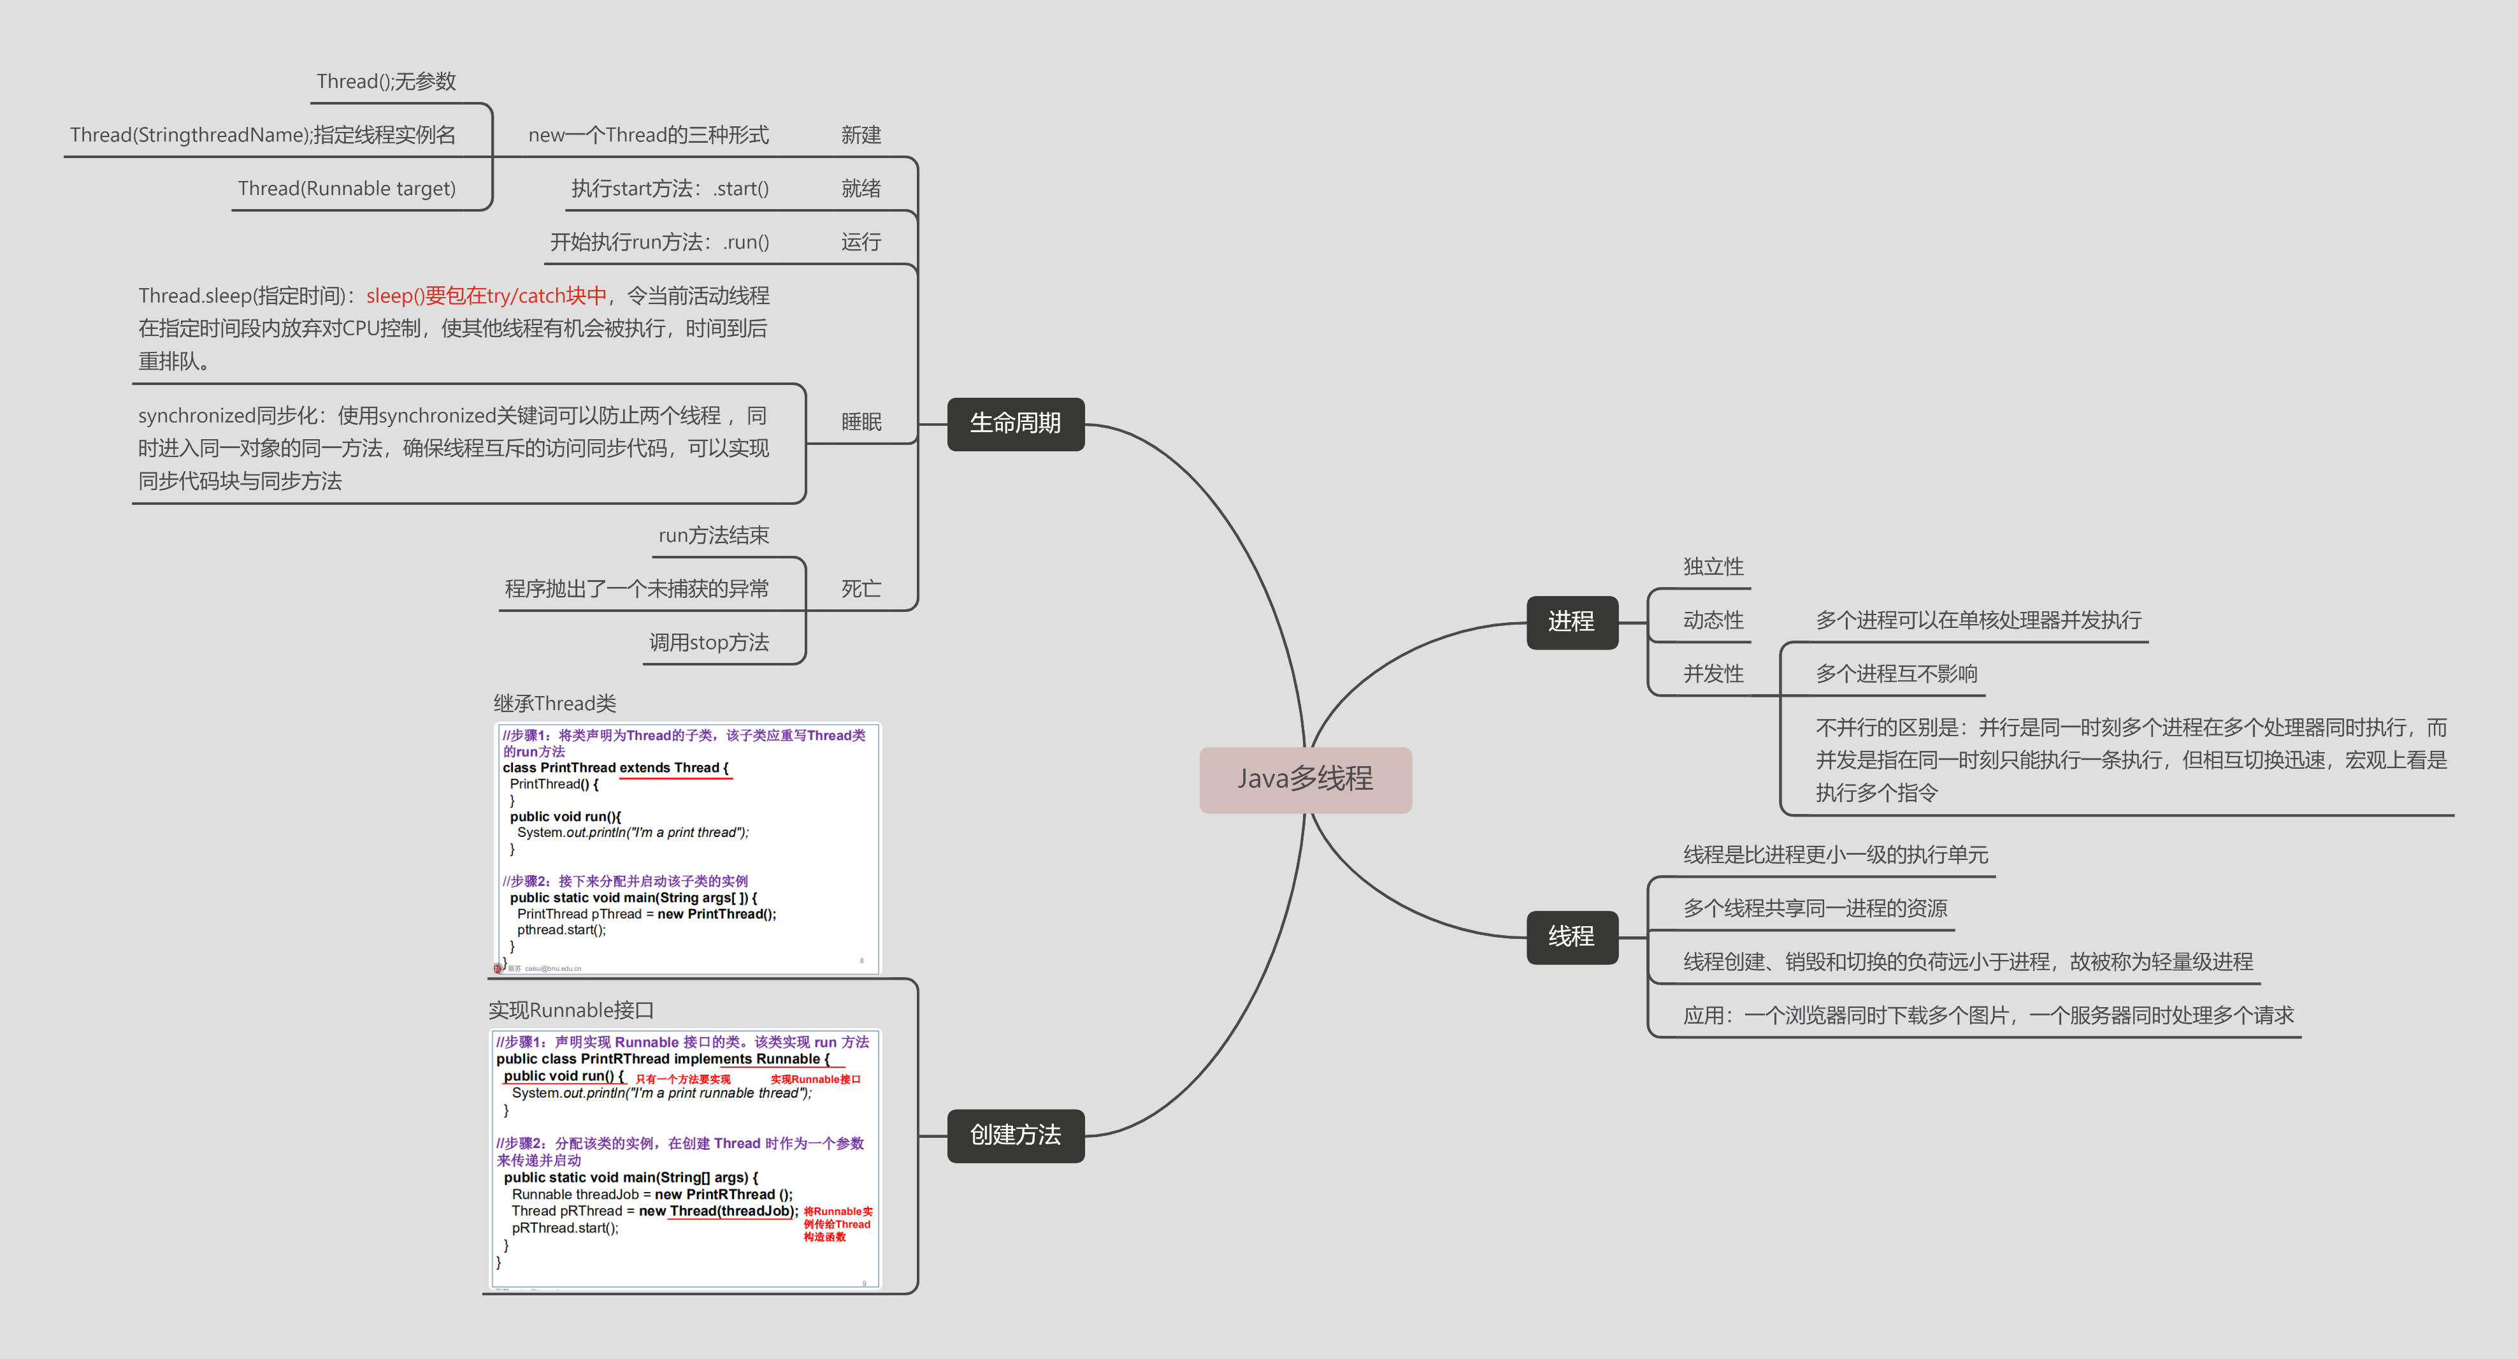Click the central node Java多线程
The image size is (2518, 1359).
pyautogui.click(x=1305, y=779)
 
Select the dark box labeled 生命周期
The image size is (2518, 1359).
pyautogui.click(x=1016, y=423)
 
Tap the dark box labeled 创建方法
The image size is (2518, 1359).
pyautogui.click(x=1016, y=1135)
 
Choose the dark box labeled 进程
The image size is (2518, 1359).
pyautogui.click(x=1571, y=622)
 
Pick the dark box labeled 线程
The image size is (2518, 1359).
pyautogui.click(x=1571, y=936)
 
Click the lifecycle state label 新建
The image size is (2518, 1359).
pyautogui.click(x=861, y=135)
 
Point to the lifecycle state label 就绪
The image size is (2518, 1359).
pyautogui.click(x=861, y=189)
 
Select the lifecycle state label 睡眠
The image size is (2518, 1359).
pyautogui.click(x=861, y=423)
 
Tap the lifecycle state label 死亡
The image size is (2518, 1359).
pyautogui.click(x=861, y=588)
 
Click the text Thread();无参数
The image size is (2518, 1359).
pyautogui.click(x=386, y=81)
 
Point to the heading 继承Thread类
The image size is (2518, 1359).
pyautogui.click(x=554, y=703)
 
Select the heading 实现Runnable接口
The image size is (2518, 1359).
pyautogui.click(x=571, y=1010)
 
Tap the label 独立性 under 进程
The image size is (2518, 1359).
pyautogui.click(x=1713, y=567)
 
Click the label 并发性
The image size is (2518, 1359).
pyautogui.click(x=1713, y=674)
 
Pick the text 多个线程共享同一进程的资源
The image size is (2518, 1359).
pyautogui.click(x=1814, y=908)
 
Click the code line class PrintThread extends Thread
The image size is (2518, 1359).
pyautogui.click(x=615, y=767)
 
